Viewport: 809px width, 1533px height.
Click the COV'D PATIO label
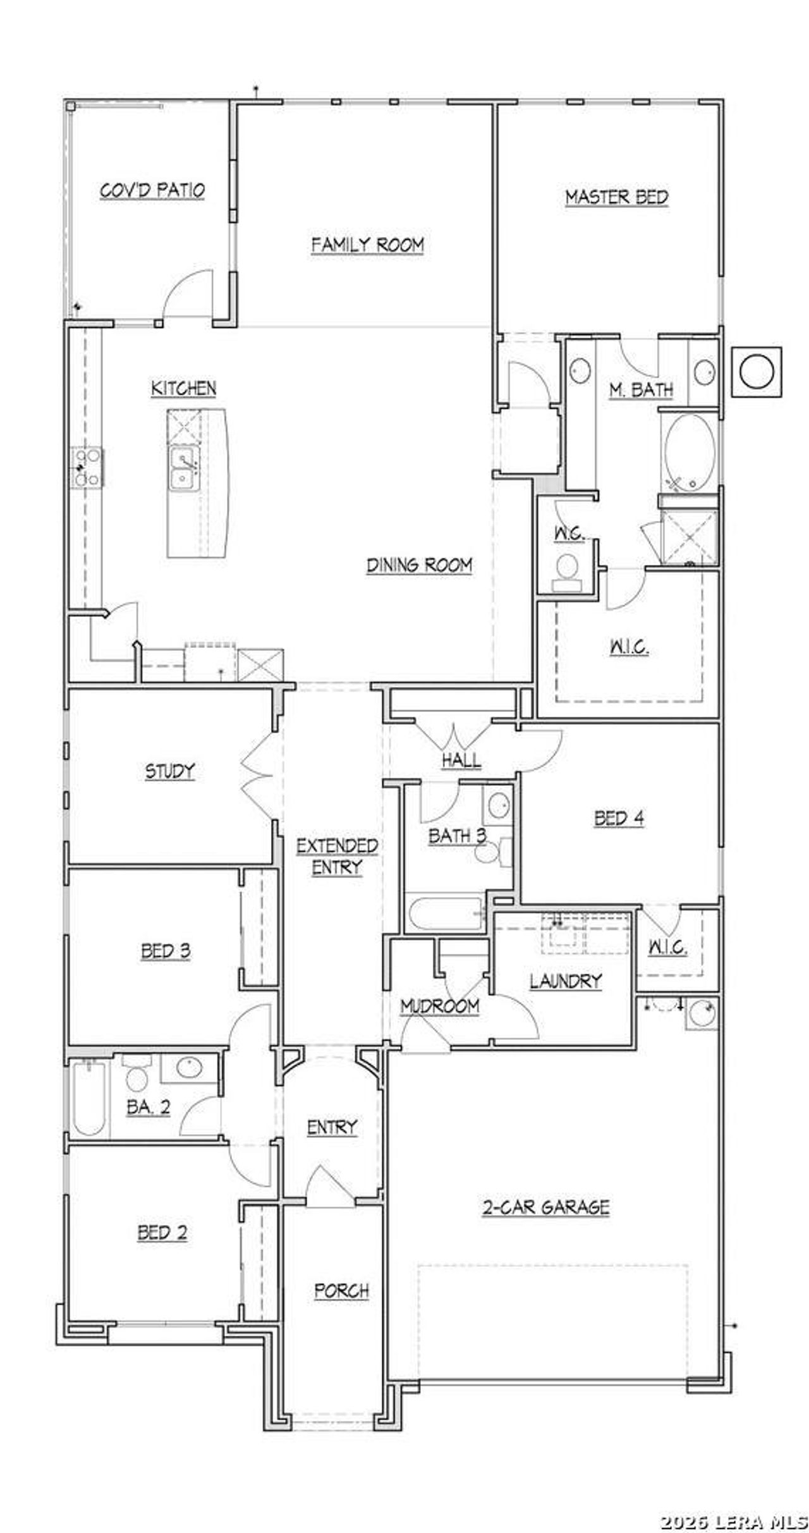(152, 190)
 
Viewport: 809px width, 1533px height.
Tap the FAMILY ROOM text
(367, 245)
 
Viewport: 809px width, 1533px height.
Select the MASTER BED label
(616, 197)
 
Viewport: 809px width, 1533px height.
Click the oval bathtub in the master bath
(690, 453)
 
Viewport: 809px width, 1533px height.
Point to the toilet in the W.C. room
(567, 569)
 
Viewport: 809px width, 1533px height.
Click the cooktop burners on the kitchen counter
(87, 467)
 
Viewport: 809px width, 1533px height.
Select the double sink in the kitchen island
(183, 468)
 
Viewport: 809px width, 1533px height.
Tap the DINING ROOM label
(419, 565)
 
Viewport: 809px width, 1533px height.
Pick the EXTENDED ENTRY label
(337, 857)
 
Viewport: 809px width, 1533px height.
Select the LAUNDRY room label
(566, 981)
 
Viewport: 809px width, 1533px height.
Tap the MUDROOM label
(440, 1006)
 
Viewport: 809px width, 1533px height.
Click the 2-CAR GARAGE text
(545, 1207)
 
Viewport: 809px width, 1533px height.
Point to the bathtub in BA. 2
(88, 1097)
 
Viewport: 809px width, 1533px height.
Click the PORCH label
(341, 1291)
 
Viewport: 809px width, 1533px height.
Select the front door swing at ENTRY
(329, 1179)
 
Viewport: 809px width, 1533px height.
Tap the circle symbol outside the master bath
(756, 372)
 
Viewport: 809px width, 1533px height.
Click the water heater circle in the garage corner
(702, 1013)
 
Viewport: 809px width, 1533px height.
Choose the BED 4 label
(619, 819)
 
